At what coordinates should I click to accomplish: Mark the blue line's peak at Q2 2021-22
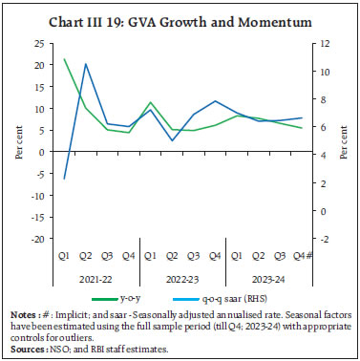86,64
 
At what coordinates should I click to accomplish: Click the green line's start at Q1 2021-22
64,59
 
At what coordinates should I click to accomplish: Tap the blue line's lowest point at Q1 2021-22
64,179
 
